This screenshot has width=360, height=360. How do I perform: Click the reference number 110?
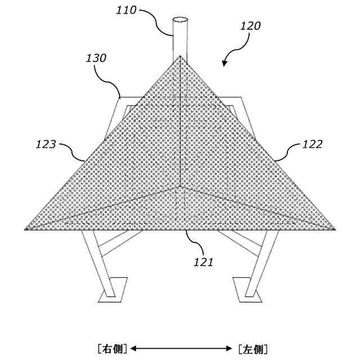[127, 10]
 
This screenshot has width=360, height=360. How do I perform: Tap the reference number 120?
[250, 26]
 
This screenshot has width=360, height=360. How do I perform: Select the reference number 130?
[96, 58]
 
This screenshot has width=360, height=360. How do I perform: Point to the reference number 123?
[45, 145]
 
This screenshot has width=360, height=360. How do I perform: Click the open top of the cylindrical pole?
[180, 21]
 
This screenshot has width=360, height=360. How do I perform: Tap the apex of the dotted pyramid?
[180, 56]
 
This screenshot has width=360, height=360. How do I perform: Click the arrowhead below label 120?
[225, 63]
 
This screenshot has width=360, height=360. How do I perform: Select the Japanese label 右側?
[112, 349]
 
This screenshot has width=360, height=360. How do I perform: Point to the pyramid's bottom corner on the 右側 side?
[26, 229]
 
